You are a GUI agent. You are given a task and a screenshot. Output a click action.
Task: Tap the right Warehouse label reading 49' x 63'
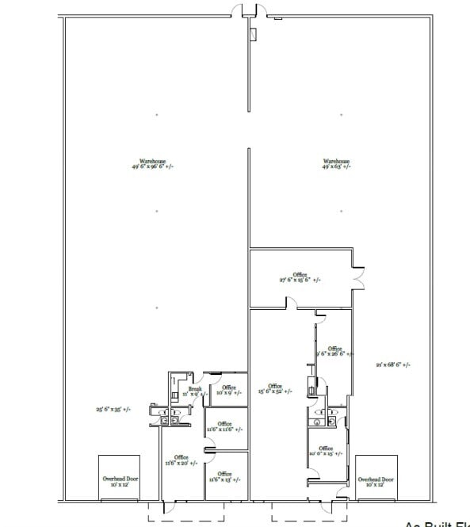(336, 163)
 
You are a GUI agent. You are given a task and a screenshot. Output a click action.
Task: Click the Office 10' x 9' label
(228, 390)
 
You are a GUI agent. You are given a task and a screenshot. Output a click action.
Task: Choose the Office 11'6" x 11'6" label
(224, 426)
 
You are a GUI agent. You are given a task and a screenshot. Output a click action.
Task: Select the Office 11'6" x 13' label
(224, 477)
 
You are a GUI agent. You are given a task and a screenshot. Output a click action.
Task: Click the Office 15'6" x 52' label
(274, 389)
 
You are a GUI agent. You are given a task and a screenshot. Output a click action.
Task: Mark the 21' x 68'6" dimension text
(392, 365)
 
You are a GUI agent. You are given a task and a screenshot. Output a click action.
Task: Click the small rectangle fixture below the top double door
(253, 34)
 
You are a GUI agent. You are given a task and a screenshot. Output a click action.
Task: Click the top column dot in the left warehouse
(157, 116)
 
